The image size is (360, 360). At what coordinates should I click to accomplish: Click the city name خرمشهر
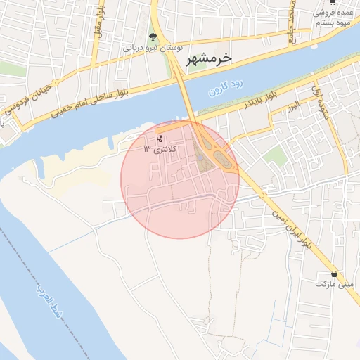[x=210, y=59]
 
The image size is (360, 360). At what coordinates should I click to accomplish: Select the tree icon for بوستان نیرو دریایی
[x=153, y=36]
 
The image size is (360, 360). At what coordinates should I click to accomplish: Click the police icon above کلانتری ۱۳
[x=160, y=138]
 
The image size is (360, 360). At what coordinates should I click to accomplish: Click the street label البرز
[x=293, y=105]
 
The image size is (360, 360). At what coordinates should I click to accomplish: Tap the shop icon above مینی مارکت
[x=333, y=274]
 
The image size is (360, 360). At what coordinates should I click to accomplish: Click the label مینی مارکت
[x=333, y=285]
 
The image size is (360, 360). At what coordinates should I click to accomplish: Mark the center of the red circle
[x=180, y=179]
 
